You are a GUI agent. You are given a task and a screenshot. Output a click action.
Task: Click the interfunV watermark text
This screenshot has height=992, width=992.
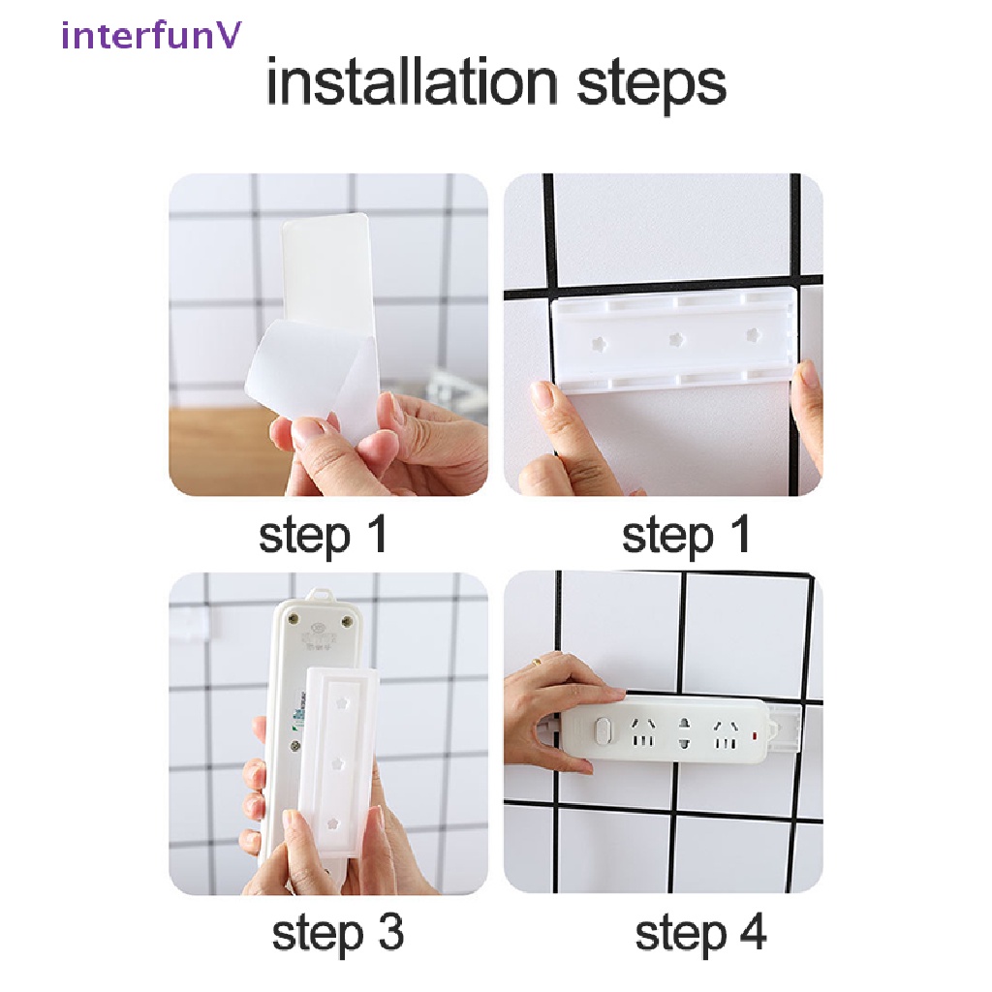(152, 36)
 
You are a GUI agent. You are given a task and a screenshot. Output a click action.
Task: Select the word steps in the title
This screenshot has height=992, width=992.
(651, 85)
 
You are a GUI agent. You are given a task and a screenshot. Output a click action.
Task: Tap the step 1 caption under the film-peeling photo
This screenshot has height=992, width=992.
(323, 535)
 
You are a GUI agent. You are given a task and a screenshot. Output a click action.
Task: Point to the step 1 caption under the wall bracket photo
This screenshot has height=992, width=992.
(686, 535)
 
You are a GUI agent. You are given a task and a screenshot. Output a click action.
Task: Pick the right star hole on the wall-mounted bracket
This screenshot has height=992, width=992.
(751, 334)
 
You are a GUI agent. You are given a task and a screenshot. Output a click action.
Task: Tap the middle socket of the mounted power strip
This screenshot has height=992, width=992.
(684, 732)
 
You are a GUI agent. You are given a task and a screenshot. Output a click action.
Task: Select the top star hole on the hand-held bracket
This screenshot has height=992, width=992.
(340, 697)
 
